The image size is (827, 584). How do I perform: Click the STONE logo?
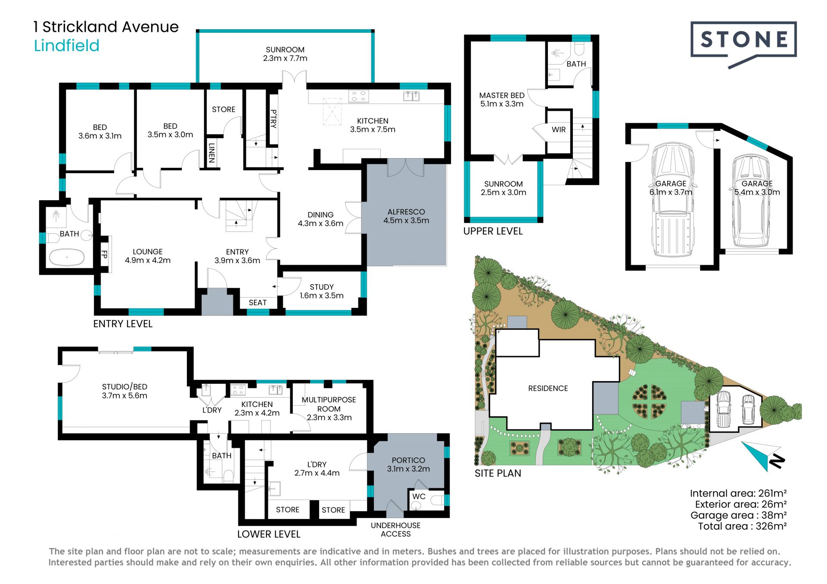(743, 43)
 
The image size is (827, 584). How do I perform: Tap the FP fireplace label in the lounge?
(104, 255)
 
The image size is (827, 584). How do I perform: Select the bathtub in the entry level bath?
(67, 258)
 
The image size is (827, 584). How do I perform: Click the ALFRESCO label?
(406, 212)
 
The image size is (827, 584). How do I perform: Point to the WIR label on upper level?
(559, 129)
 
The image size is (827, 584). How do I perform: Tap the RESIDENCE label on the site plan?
(548, 388)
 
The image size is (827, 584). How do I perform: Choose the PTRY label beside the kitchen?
(273, 119)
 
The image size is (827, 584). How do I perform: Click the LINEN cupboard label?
(211, 153)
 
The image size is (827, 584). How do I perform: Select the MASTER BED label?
(502, 96)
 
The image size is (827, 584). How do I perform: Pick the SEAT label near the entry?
(258, 303)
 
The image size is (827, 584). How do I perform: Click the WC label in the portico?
(419, 497)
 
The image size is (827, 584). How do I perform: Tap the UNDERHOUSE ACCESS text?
(396, 530)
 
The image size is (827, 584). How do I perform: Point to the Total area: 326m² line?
(743, 526)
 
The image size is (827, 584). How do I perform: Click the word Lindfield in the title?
(67, 46)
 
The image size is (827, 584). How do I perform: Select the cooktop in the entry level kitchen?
(358, 96)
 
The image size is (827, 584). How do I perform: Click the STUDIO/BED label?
(124, 387)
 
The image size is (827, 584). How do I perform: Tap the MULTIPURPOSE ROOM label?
(329, 404)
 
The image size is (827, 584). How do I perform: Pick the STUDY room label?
(322, 287)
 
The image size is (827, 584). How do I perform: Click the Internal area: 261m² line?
(738, 494)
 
